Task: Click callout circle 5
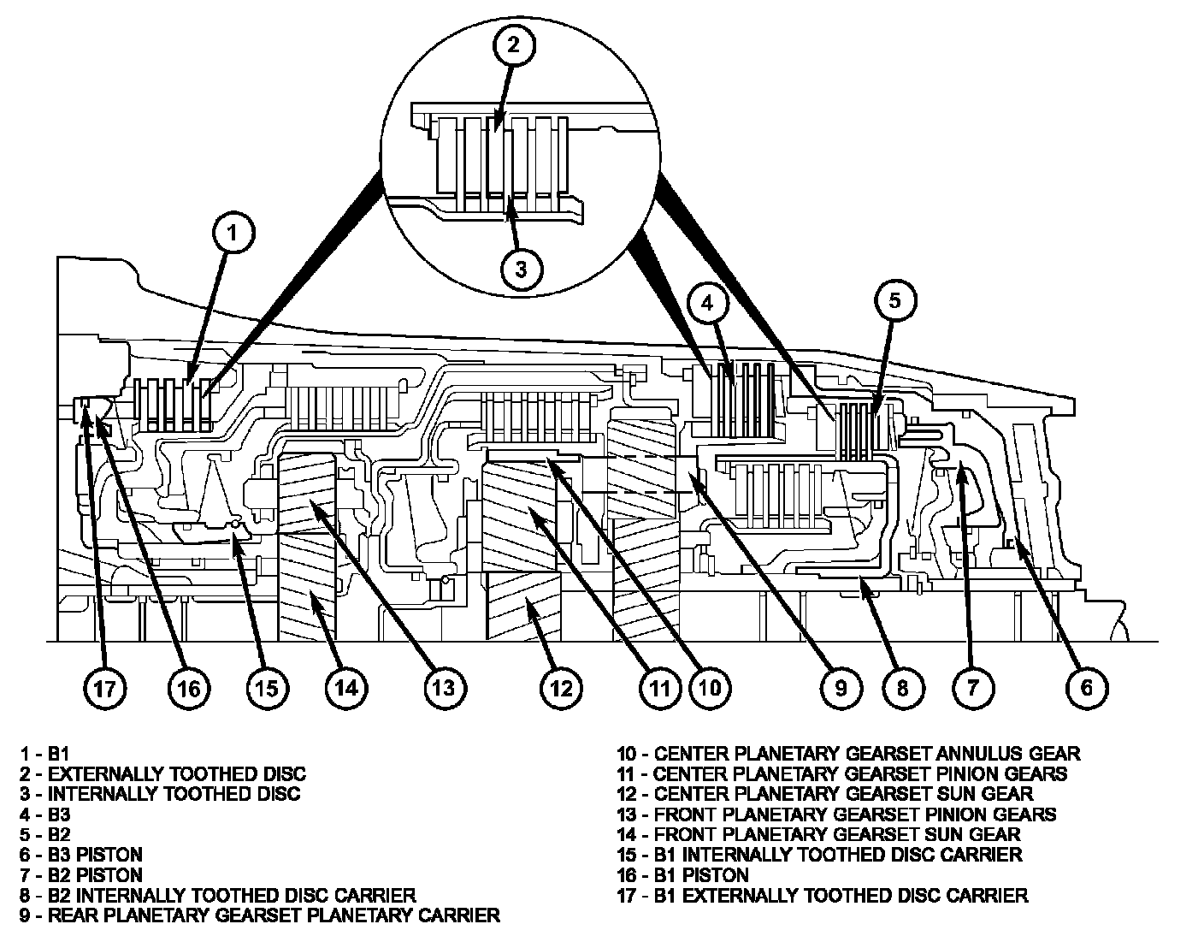[x=894, y=299]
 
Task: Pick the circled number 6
[x=1086, y=687]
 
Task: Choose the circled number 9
[x=840, y=687]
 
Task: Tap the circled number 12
[x=561, y=687]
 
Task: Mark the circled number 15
[x=268, y=687]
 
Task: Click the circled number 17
[x=104, y=687]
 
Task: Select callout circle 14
[x=345, y=687]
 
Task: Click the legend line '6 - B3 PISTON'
[x=81, y=855]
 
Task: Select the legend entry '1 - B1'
[x=44, y=754]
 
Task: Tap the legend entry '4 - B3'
[x=45, y=815]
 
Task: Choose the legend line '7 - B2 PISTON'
[x=81, y=875]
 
